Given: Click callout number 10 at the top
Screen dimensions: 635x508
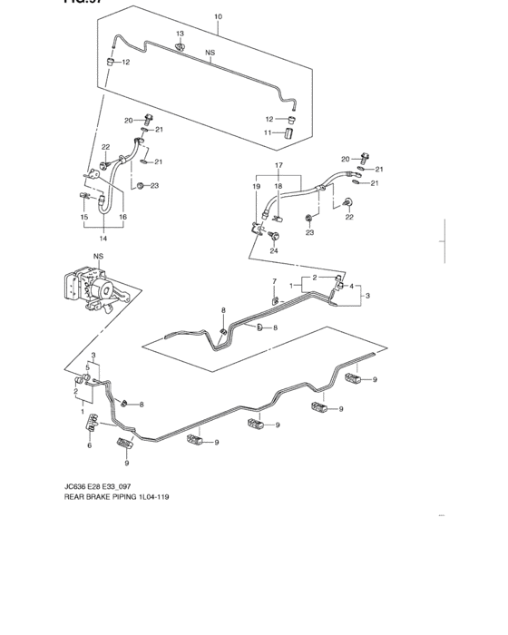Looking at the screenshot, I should [217, 17].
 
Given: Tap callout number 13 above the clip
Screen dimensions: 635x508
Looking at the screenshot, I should [180, 34].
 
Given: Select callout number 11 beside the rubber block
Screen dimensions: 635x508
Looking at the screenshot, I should [268, 133].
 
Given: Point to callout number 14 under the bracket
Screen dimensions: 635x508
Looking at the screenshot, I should [103, 239].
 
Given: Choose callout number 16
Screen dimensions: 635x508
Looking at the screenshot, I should [122, 218].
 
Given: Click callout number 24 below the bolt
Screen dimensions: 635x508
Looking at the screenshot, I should [273, 250].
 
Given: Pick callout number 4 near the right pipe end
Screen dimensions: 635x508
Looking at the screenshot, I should [351, 287].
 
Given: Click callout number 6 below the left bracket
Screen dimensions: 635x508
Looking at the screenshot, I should [90, 446].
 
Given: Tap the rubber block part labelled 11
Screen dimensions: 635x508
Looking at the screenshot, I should [291, 134].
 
